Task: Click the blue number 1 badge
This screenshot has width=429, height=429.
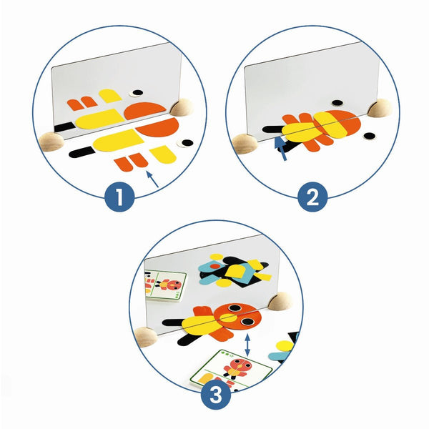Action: pyautogui.click(x=119, y=197)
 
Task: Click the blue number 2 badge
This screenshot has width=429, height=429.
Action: pyautogui.click(x=312, y=197)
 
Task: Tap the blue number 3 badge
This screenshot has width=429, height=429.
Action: pyautogui.click(x=216, y=395)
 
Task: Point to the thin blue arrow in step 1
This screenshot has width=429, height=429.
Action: pyautogui.click(x=152, y=179)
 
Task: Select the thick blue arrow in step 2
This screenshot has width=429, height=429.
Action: pyautogui.click(x=281, y=148)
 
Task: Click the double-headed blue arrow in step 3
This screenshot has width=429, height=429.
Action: pyautogui.click(x=247, y=345)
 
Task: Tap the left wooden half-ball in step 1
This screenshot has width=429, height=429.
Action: pyautogui.click(x=51, y=142)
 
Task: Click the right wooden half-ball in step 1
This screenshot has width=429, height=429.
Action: pyautogui.click(x=182, y=107)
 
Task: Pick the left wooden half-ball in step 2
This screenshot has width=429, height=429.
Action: pyautogui.click(x=245, y=144)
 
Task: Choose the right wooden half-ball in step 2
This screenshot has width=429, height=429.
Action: pyautogui.click(x=380, y=108)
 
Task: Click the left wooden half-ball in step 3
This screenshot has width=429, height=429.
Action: pyautogui.click(x=147, y=337)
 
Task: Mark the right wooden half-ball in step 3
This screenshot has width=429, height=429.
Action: pyautogui.click(x=280, y=301)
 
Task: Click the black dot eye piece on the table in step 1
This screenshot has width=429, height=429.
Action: pyautogui.click(x=187, y=142)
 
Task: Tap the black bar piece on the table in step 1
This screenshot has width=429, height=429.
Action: pyautogui.click(x=81, y=152)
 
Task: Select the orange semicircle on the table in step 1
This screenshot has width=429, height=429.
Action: pyautogui.click(x=158, y=128)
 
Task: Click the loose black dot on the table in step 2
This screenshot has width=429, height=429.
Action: pyautogui.click(x=369, y=136)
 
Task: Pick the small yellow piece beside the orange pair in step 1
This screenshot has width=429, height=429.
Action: pyautogui.click(x=163, y=154)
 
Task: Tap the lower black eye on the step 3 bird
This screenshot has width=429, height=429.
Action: pyautogui.click(x=247, y=322)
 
